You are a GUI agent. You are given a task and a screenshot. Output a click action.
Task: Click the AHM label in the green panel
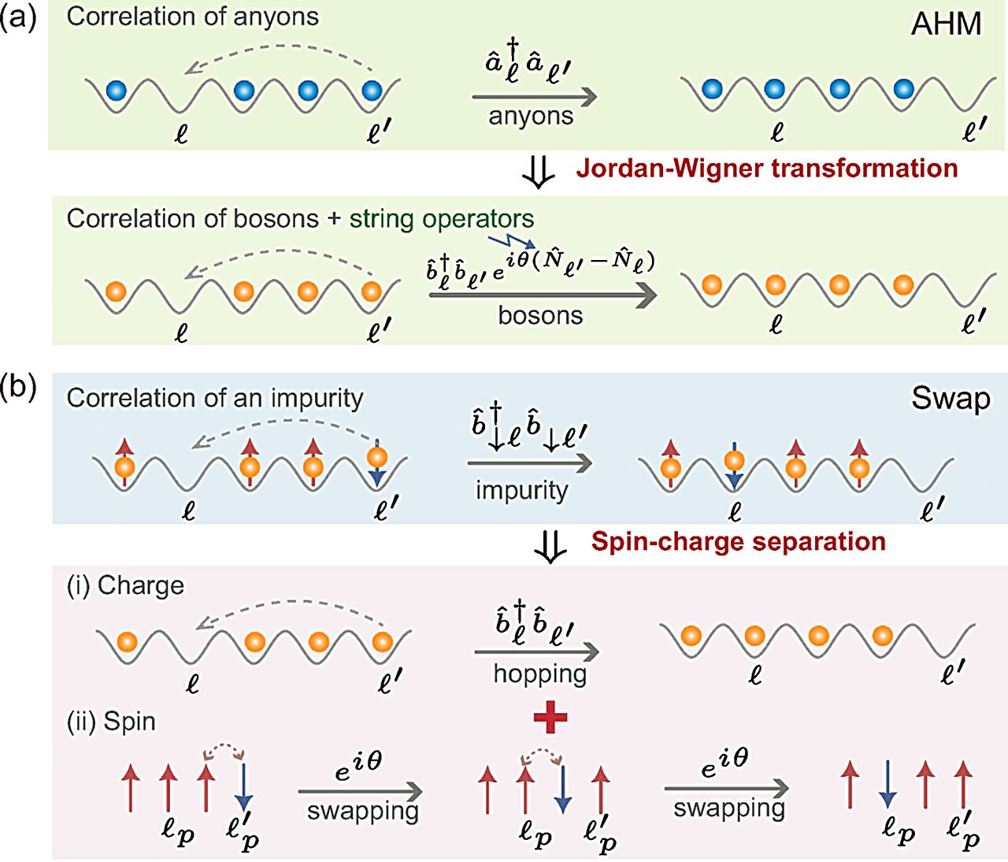(x=946, y=24)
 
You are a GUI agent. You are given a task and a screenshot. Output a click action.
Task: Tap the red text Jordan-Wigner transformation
(x=766, y=169)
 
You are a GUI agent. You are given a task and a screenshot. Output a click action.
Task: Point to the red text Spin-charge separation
(x=738, y=542)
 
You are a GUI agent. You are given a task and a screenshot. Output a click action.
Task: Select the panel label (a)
(x=19, y=17)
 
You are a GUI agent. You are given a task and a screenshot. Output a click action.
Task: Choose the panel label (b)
(x=19, y=388)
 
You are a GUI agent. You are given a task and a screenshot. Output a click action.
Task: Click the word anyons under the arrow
(x=531, y=117)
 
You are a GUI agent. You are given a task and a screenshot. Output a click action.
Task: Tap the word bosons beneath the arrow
(x=540, y=316)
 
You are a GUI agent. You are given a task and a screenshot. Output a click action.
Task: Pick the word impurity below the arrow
(x=521, y=490)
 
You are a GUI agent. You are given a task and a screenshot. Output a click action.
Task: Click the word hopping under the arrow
(x=540, y=674)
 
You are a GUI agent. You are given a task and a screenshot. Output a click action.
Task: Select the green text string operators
(x=442, y=219)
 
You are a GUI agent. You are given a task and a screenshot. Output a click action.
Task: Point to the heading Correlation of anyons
(x=192, y=17)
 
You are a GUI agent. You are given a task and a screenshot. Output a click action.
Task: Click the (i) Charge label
(x=125, y=585)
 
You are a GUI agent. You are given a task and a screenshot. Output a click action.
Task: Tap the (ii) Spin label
(x=111, y=721)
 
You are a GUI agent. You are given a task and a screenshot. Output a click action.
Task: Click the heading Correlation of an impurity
(x=214, y=398)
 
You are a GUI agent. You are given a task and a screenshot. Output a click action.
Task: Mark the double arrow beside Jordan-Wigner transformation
(x=539, y=173)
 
